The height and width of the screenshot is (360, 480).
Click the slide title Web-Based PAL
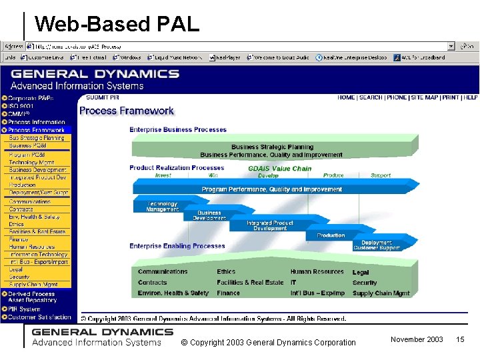pyautogui.click(x=117, y=25)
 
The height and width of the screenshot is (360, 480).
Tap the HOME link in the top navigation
pyautogui.click(x=346, y=97)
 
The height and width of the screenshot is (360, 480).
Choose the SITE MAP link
pyautogui.click(x=425, y=97)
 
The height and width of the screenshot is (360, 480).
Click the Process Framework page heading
pyautogui.click(x=127, y=111)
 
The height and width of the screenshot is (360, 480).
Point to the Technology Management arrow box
pyautogui.click(x=162, y=207)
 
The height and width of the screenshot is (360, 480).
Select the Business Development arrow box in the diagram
pyautogui.click(x=209, y=215)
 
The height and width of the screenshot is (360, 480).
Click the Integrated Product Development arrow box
pyautogui.click(x=269, y=225)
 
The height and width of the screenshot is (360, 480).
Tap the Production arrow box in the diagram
pyautogui.click(x=331, y=235)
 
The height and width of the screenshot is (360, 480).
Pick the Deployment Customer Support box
pyautogui.click(x=377, y=245)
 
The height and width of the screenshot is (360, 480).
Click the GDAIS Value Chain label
pyautogui.click(x=279, y=169)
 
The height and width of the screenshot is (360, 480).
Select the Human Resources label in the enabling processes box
pyautogui.click(x=317, y=272)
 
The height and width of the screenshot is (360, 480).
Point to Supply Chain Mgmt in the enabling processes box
pyautogui.click(x=381, y=293)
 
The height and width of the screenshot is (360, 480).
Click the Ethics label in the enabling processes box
pyautogui.click(x=226, y=272)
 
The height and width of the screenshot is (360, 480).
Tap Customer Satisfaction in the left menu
pyautogui.click(x=39, y=317)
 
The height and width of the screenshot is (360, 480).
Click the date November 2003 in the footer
pyautogui.click(x=417, y=340)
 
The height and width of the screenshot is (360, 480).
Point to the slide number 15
pyautogui.click(x=459, y=340)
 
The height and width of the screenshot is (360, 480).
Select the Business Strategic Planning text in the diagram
pyautogui.click(x=272, y=147)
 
